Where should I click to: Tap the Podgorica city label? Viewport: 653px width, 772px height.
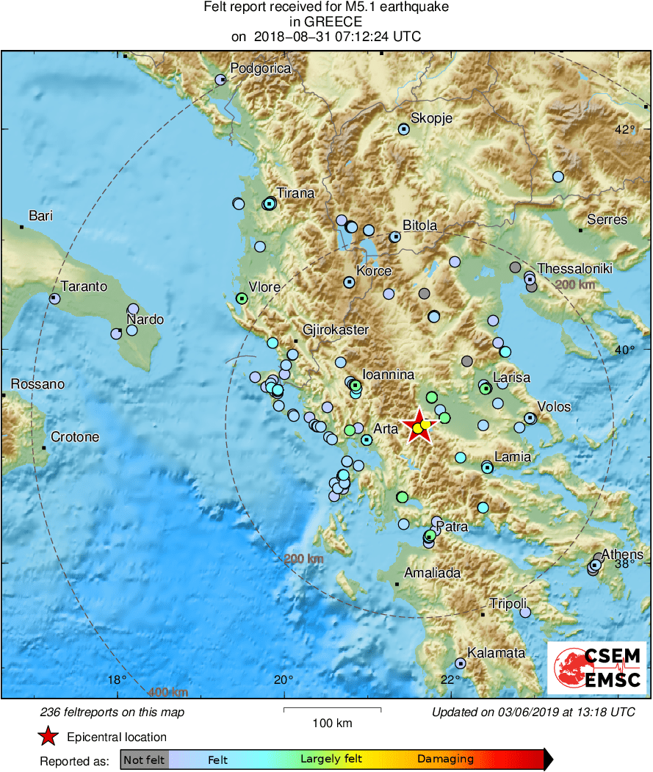click(x=261, y=68)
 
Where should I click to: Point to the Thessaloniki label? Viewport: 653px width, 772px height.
click(x=574, y=269)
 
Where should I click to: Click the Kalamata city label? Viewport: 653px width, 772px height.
click(x=496, y=652)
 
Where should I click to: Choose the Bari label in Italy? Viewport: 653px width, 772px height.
click(x=40, y=216)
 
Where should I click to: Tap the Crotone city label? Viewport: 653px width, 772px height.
click(x=74, y=437)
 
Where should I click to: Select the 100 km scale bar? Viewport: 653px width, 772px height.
click(x=332, y=710)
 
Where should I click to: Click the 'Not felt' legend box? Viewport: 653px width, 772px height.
click(x=144, y=760)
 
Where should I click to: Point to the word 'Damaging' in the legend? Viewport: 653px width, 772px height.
click(x=445, y=760)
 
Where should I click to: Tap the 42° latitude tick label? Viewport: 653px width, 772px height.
click(x=625, y=130)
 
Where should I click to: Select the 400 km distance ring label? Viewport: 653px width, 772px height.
click(x=168, y=692)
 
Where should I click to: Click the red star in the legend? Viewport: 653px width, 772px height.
click(x=48, y=737)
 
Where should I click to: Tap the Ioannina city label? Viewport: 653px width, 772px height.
click(x=389, y=374)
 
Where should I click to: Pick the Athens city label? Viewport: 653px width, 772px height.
click(x=622, y=554)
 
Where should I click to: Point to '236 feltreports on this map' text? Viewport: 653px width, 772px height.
click(x=112, y=713)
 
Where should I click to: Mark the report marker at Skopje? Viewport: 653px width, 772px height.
click(x=404, y=129)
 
